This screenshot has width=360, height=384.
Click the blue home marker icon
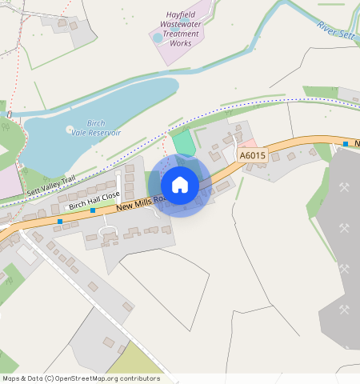pyautogui.click(x=180, y=185)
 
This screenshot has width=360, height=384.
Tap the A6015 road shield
pyautogui.click(x=252, y=155)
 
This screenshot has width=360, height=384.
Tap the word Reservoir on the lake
pyautogui.click(x=105, y=133)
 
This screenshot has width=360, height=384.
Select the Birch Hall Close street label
pyautogui.click(x=94, y=200)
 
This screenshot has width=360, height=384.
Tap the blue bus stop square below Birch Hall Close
pyautogui.click(x=93, y=210)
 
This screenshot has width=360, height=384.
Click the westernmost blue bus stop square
pyautogui.click(x=60, y=221)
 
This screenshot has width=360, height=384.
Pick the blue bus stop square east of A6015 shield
pyautogui.click(x=345, y=144)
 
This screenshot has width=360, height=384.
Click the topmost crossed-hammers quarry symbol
pyautogui.click(x=345, y=188)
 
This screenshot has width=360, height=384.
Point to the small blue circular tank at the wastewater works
pyautogui.click(x=157, y=37)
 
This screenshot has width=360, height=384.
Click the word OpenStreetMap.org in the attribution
pyautogui.click(x=83, y=378)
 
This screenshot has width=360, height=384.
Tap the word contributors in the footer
pyautogui.click(x=136, y=378)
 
